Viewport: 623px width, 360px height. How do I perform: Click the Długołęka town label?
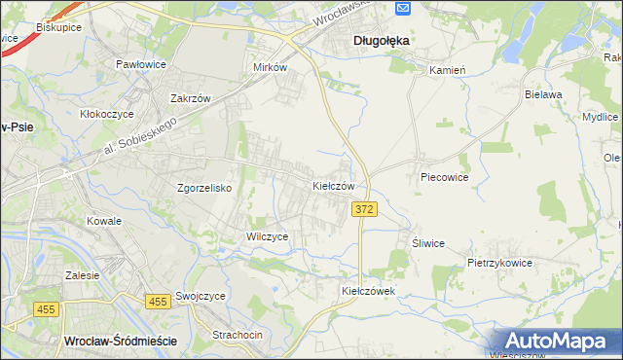coord(381,41)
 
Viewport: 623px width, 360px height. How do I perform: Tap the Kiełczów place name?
coord(339,185)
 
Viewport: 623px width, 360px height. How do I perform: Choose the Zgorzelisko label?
coord(203,188)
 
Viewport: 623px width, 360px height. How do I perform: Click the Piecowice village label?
coord(445,178)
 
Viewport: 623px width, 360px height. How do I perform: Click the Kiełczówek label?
coord(367,291)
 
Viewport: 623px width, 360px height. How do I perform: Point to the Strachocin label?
coord(238,335)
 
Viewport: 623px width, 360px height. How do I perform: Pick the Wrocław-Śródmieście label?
coord(119,341)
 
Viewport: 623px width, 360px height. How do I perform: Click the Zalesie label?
coord(83,275)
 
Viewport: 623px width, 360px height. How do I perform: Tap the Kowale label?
coord(103,221)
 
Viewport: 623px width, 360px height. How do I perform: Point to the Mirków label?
coord(270,68)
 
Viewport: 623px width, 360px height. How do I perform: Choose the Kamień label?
coord(449,70)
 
